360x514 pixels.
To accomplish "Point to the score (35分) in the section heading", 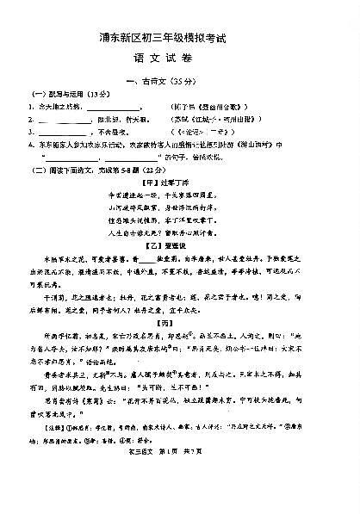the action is [x=194, y=80].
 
